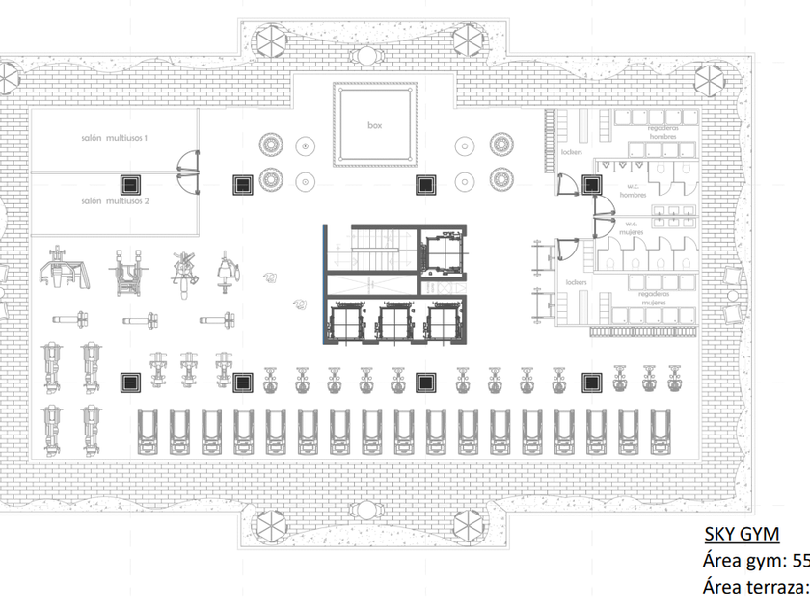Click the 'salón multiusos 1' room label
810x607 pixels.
tap(114, 139)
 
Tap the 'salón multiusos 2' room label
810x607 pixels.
tap(114, 201)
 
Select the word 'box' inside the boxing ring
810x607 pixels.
tap(375, 125)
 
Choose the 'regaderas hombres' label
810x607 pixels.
tap(663, 132)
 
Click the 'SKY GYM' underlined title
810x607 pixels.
tap(742, 535)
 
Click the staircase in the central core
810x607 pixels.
tap(371, 250)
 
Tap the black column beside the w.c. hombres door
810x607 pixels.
tap(588, 184)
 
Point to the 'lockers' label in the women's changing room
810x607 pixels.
tap(577, 283)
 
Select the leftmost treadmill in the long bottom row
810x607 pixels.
tap(148, 431)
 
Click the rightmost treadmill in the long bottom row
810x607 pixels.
tap(661, 431)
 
